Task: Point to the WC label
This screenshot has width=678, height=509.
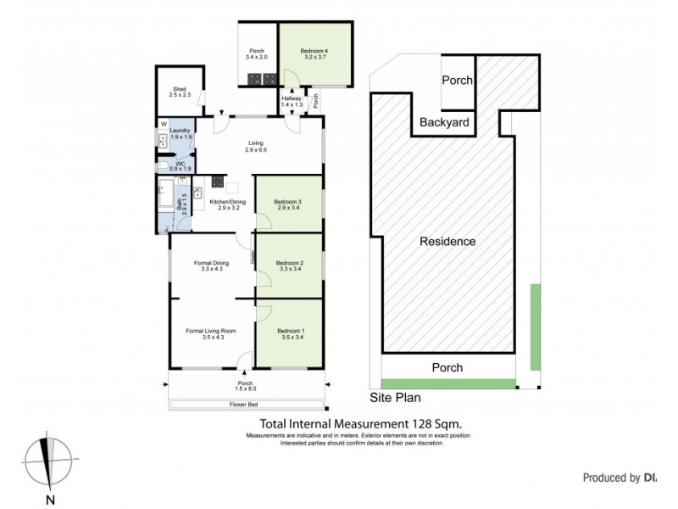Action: [181, 165]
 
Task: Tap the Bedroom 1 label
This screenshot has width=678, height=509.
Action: [288, 333]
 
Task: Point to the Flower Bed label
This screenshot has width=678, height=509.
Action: [245, 405]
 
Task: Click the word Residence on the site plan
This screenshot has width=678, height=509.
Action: [447, 242]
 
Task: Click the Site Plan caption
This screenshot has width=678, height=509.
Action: [395, 396]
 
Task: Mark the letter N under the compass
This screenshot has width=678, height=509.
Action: [50, 499]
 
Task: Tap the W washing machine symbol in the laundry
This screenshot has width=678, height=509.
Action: [162, 126]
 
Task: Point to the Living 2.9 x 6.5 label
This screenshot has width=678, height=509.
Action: [256, 146]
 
